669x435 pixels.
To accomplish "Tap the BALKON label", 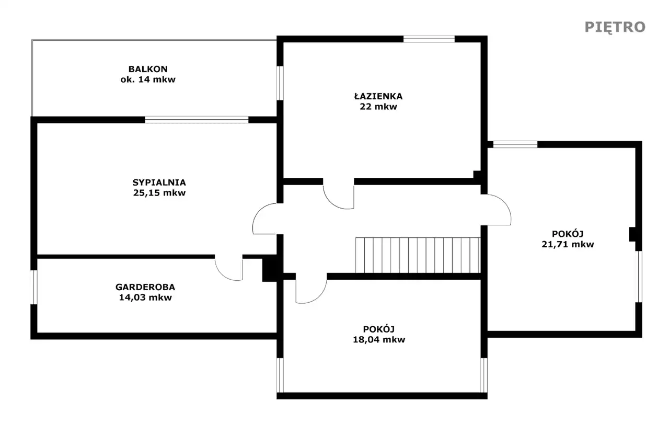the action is click(x=148, y=69).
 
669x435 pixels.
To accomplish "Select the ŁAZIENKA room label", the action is click(x=378, y=96).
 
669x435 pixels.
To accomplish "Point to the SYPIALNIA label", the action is click(x=159, y=182).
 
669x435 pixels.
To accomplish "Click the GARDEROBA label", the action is click(x=145, y=287).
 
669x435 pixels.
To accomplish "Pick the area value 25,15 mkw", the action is click(x=159, y=193).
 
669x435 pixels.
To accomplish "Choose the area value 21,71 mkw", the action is click(x=568, y=244).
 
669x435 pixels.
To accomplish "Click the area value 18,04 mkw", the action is click(x=379, y=339).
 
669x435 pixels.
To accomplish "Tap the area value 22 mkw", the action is click(x=378, y=107).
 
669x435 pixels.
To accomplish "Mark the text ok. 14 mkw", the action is click(x=148, y=79).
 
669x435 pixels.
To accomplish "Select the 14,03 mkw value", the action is click(x=145, y=297).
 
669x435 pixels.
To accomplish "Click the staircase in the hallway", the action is click(x=418, y=255).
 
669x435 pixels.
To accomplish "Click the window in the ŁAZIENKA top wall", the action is click(x=429, y=39).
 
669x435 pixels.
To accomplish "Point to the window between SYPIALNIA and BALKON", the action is click(x=197, y=120).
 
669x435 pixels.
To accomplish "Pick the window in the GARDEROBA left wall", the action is click(x=34, y=287).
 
